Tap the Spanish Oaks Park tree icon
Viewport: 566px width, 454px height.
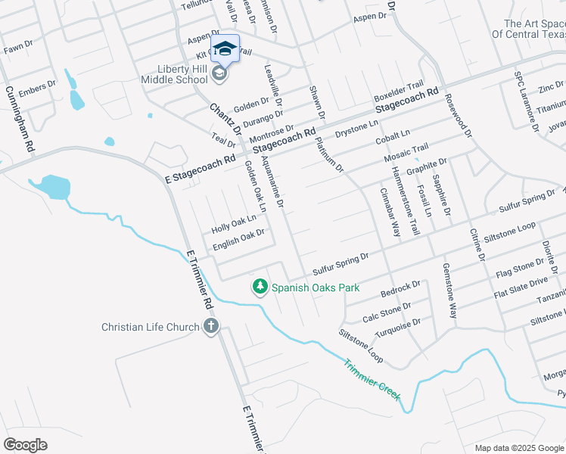[x=260, y=287]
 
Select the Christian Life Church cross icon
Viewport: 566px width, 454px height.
[x=210, y=327]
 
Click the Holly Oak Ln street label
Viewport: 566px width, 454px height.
[x=229, y=222]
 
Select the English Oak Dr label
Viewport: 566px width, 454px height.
[x=238, y=238]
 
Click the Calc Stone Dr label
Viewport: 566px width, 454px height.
[x=387, y=311]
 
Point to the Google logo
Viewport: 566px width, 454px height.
[x=26, y=445]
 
